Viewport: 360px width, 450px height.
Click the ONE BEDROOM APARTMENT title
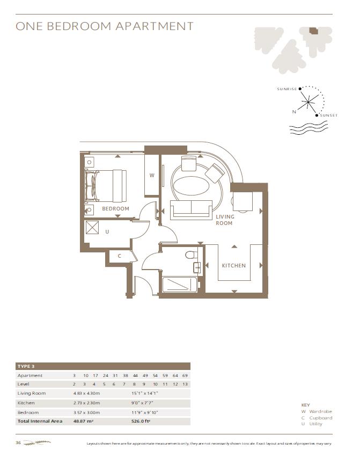[x=105, y=26]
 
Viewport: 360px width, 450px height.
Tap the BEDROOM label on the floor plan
[x=116, y=208]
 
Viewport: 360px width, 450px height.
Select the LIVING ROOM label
[x=224, y=220]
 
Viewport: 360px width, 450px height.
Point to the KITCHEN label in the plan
[x=234, y=265]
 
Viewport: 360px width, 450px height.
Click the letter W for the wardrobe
[x=152, y=175]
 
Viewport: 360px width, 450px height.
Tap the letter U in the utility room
[x=107, y=231]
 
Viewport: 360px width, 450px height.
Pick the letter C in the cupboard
[x=120, y=256]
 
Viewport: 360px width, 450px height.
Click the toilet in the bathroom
[x=190, y=255]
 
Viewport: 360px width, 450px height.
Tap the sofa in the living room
[x=190, y=209]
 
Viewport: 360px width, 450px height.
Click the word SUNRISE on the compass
[x=286, y=89]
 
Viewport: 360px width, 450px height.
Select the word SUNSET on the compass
[x=329, y=115]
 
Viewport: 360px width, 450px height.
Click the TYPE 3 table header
[x=26, y=366]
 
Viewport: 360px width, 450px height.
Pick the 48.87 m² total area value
[x=84, y=421]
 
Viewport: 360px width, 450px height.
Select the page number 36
[x=18, y=442]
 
